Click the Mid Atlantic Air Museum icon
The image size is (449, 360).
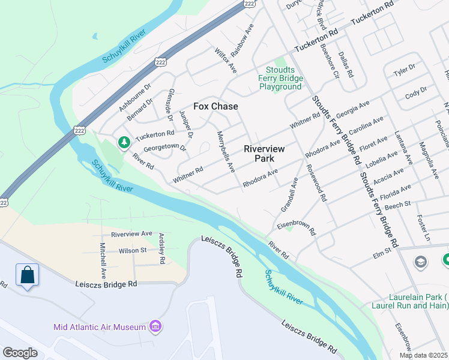[x=155, y=326]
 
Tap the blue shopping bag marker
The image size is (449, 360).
[x=27, y=275]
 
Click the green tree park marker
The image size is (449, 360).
[x=124, y=142]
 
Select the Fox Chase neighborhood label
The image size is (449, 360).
[x=215, y=106]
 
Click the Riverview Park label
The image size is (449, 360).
[x=264, y=153]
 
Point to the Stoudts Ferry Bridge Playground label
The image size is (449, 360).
[x=280, y=77]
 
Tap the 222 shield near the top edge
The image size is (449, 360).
[x=250, y=4]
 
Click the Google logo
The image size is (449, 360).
[x=20, y=353]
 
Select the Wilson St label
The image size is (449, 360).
[x=133, y=250]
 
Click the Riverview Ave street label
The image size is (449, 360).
[x=131, y=233]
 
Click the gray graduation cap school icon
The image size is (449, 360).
[x=421, y=262]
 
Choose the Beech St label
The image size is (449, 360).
[x=397, y=205]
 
